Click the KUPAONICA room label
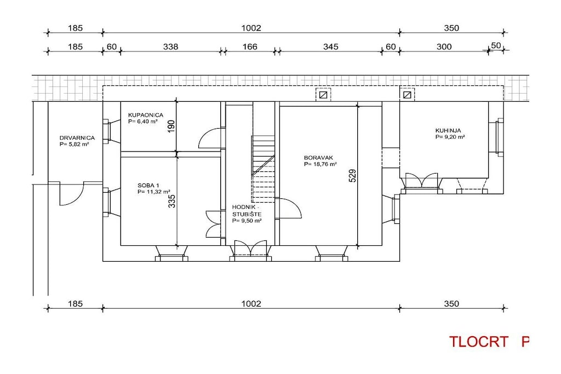pos(146,115)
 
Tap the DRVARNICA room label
pos(77,137)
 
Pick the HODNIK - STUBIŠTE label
pos(247,211)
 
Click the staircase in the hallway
pos(264,169)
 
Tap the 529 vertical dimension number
pos(353,176)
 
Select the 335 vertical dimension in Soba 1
pos(172,201)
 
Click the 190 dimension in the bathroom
pos(171,126)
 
